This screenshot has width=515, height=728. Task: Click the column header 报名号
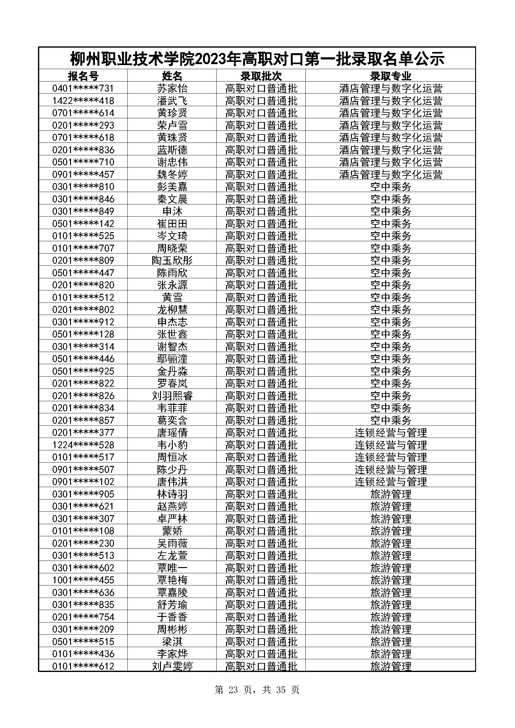click(83, 76)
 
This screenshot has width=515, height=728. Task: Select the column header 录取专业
click(390, 76)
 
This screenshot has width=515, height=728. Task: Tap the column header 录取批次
click(261, 76)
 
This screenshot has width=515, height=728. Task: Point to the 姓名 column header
click(172, 76)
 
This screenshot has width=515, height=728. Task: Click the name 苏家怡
click(172, 88)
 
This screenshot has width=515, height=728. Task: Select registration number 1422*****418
click(83, 101)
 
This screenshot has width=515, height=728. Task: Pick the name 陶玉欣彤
click(172, 260)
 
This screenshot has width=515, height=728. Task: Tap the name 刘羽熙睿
click(172, 396)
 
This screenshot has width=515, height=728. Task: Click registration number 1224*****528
click(83, 445)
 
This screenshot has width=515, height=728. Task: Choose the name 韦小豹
click(172, 445)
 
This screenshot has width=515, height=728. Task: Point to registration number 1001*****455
click(83, 580)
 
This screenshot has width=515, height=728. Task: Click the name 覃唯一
click(172, 568)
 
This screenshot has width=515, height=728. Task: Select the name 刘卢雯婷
click(172, 666)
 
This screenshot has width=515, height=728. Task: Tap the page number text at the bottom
click(257, 690)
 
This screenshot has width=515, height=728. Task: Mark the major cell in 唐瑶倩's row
click(390, 433)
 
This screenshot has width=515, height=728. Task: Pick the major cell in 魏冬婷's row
click(390, 174)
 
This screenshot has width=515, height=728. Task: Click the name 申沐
click(172, 211)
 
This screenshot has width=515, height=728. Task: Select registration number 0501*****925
click(83, 371)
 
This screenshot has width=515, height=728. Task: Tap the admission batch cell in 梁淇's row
click(261, 641)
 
